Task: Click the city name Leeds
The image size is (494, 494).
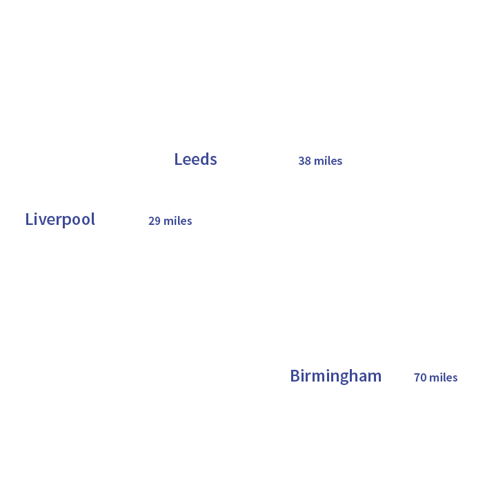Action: [x=195, y=159]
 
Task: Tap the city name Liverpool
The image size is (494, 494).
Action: [x=60, y=219]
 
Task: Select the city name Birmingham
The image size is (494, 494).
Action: [x=335, y=376]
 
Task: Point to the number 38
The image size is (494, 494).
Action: [x=304, y=161]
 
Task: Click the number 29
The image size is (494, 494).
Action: [x=155, y=221]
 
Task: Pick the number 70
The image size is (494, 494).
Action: [x=420, y=377]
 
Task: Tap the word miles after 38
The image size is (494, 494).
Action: [x=328, y=161]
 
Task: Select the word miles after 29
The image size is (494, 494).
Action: [x=178, y=221]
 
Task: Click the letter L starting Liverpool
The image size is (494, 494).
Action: [x=29, y=219]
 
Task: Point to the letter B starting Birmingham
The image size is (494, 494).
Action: [x=295, y=376]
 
